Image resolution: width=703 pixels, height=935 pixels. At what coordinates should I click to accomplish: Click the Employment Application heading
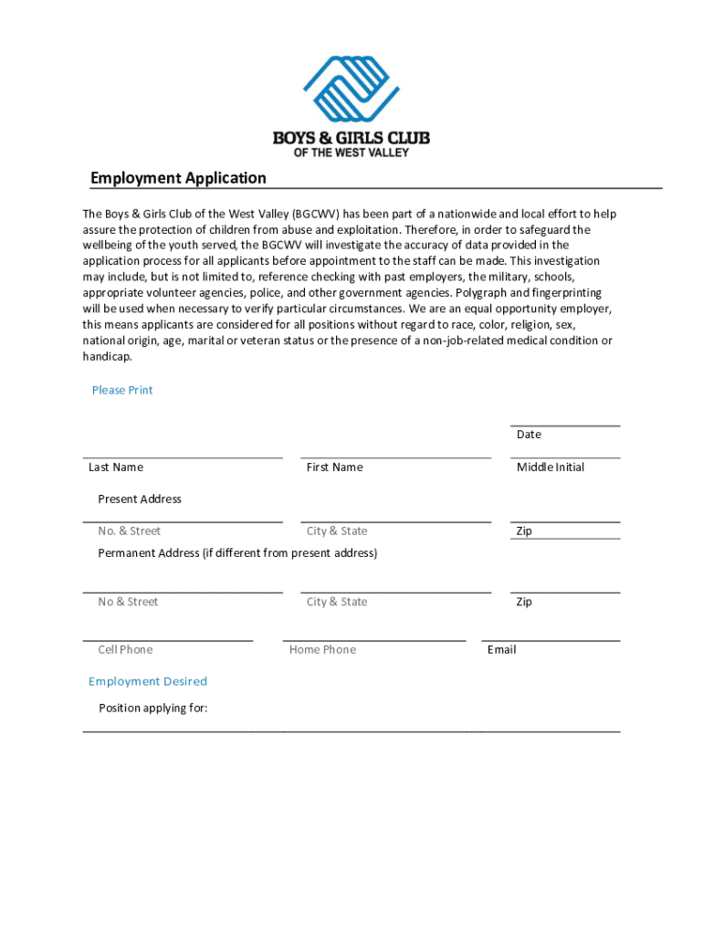(x=178, y=178)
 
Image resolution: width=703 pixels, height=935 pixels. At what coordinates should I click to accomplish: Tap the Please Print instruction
(x=122, y=390)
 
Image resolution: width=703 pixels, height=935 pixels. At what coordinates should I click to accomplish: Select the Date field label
(x=529, y=435)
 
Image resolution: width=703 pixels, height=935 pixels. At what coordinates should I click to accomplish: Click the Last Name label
(x=116, y=467)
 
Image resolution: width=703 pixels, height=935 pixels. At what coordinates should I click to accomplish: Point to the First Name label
(x=334, y=467)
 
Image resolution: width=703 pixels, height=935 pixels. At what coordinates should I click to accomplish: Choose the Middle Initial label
(x=551, y=467)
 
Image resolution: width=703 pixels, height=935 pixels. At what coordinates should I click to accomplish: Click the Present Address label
(x=140, y=499)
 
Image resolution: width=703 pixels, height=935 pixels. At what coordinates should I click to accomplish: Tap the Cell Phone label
(x=125, y=650)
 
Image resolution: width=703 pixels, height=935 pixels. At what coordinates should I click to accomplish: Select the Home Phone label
(x=322, y=650)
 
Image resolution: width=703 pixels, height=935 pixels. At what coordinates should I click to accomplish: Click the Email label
(x=501, y=650)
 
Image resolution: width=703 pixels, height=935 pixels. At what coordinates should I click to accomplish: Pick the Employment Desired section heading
(x=148, y=681)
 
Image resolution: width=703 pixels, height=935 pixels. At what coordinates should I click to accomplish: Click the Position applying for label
(x=153, y=708)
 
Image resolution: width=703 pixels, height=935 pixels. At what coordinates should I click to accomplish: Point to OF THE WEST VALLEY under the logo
(x=351, y=152)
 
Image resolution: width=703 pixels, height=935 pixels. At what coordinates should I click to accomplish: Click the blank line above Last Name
(x=183, y=457)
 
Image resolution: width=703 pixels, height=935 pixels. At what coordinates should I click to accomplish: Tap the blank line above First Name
(x=395, y=457)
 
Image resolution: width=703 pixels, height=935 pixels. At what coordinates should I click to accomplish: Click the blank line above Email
(x=551, y=640)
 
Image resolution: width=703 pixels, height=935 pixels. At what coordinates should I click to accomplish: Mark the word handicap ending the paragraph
(x=107, y=357)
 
